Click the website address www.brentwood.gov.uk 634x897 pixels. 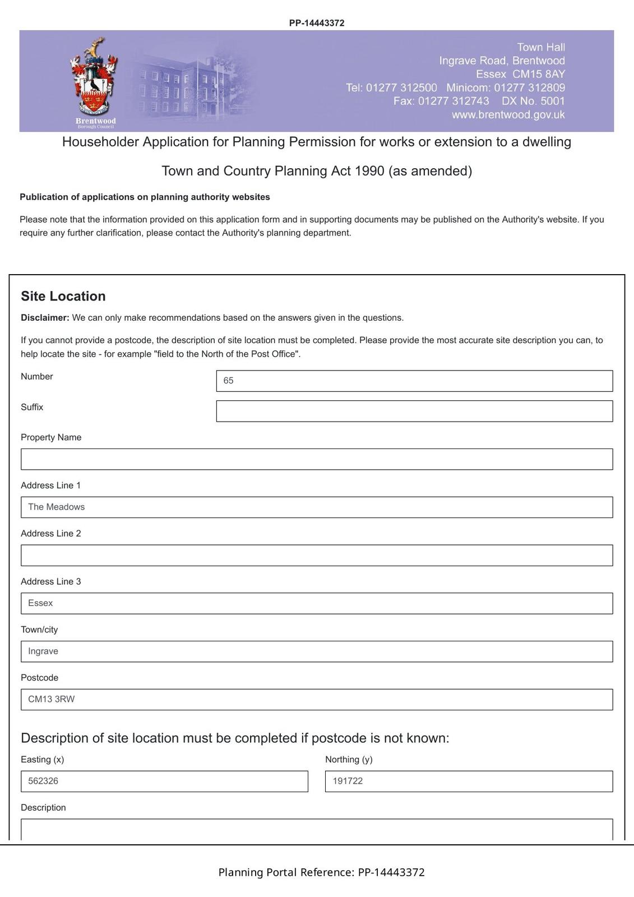[508, 115]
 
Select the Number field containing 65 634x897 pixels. [414, 381]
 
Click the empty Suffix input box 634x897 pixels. [414, 411]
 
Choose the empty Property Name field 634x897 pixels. [317, 459]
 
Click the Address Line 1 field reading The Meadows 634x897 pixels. [317, 507]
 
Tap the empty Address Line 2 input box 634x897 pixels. [317, 556]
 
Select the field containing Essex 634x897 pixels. [317, 603]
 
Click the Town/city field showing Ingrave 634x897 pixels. [317, 651]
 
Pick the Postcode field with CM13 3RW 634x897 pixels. [317, 700]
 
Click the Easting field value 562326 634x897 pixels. [164, 782]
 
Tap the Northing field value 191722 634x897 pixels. [469, 782]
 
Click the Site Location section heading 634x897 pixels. [63, 297]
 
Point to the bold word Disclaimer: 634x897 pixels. [45, 318]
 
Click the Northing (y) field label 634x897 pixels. [349, 760]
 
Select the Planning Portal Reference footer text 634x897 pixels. [321, 872]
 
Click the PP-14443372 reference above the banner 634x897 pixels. [317, 23]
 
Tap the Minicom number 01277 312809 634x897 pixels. [529, 88]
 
